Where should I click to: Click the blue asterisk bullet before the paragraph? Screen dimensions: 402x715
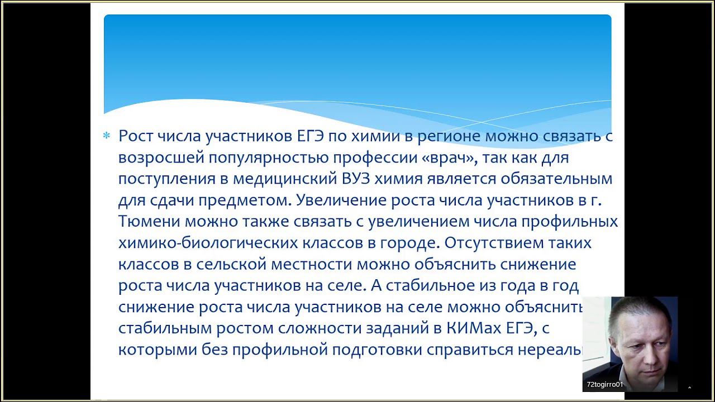[x=107, y=136]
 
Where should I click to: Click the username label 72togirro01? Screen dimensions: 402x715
[x=604, y=385]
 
